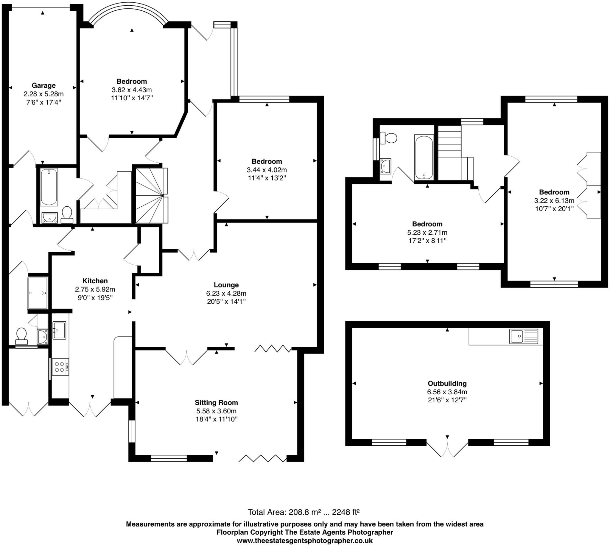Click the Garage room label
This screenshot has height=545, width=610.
[43, 86]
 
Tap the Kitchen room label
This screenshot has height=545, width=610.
[95, 281]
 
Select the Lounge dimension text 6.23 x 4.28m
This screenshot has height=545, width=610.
[226, 293]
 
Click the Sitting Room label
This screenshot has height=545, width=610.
[216, 403]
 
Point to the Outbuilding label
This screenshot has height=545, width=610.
[447, 383]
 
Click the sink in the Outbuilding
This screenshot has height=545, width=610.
[523, 336]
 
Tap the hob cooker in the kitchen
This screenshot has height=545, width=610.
[60, 367]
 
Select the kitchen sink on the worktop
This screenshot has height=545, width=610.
[59, 330]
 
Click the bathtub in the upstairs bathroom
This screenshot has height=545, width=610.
[424, 157]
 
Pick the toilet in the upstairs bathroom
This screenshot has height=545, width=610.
[389, 138]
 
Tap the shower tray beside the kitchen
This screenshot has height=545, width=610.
[38, 293]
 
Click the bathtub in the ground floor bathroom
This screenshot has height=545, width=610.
[49, 187]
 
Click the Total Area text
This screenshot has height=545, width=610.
[303, 512]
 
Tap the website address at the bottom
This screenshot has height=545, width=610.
[304, 541]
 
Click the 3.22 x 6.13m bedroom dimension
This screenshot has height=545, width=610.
[554, 201]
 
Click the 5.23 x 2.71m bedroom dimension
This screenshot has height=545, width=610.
[427, 232]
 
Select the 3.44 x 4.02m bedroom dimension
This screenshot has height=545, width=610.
[267, 170]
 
